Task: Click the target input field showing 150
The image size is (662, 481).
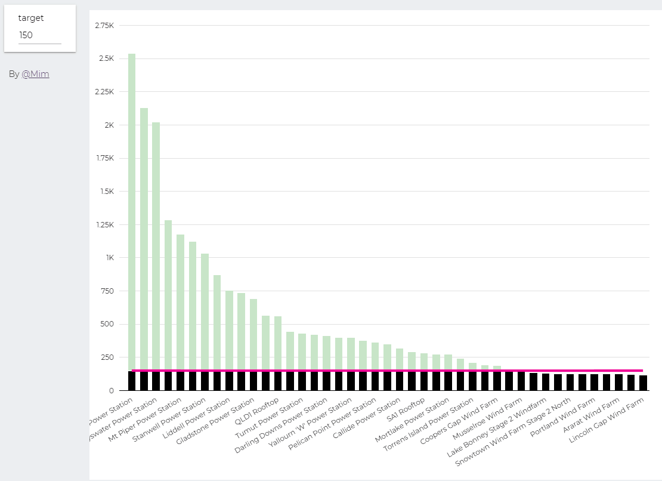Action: [x=39, y=35]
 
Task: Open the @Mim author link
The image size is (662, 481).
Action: [x=35, y=75]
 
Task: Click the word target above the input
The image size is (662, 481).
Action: [x=31, y=18]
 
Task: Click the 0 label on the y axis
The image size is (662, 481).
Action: [x=111, y=391]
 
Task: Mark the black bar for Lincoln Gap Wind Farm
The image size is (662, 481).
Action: [x=643, y=383]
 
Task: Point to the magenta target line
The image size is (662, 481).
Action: [x=388, y=371]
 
